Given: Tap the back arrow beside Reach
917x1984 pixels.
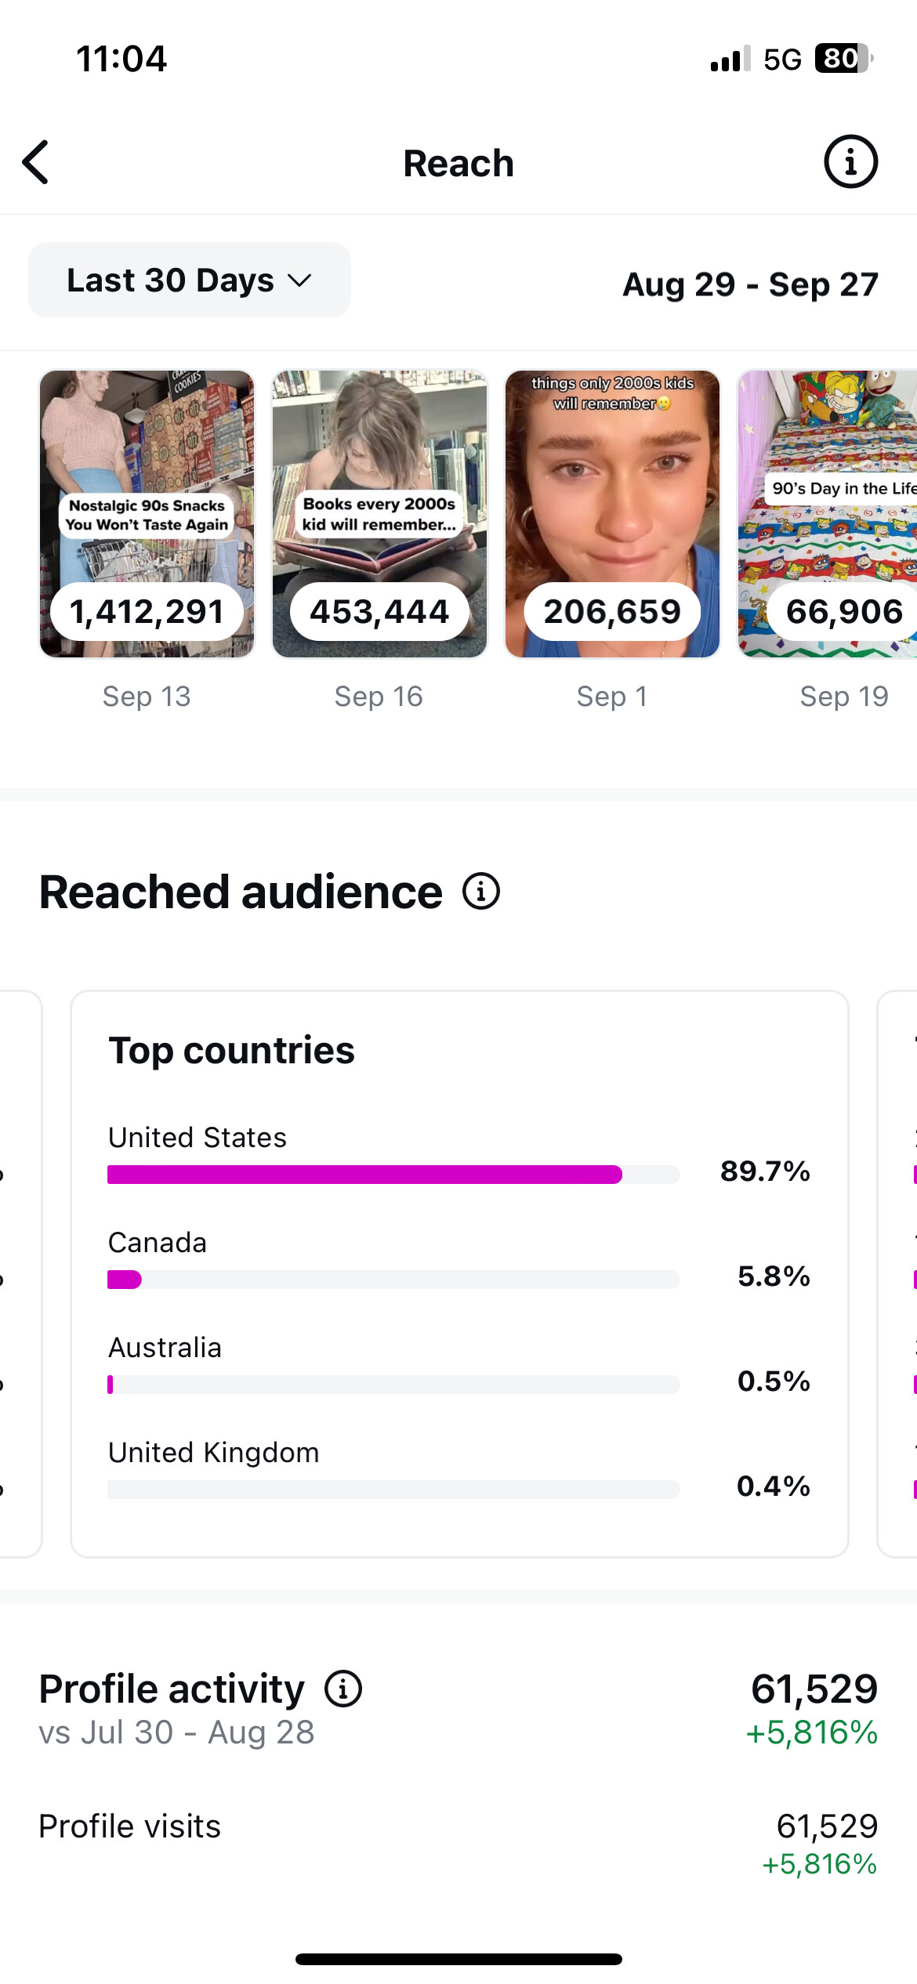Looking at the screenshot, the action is click(35, 162).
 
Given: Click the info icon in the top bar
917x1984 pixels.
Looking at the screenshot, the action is click(850, 162).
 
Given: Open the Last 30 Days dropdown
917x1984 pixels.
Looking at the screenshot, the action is click(190, 280).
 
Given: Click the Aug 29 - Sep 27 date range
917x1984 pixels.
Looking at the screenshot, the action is click(750, 284).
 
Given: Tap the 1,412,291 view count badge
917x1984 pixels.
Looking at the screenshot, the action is click(147, 611).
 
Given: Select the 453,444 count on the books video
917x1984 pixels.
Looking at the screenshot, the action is click(379, 611).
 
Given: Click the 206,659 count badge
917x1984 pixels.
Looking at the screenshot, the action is click(612, 611).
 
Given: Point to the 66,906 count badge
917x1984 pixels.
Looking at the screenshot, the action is click(843, 611).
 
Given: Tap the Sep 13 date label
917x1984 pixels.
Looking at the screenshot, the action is click(147, 696).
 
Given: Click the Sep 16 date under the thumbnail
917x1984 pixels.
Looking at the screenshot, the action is click(379, 696).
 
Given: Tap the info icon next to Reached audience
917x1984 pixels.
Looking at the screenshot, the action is click(480, 892).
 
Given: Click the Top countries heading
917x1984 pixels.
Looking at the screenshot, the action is click(231, 1051).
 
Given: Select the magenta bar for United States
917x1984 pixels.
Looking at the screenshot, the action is click(364, 1174).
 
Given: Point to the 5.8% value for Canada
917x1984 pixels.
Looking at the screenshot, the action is click(774, 1276).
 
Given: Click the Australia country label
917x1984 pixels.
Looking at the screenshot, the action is click(165, 1347).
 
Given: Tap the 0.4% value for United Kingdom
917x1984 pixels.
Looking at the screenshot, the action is click(773, 1486).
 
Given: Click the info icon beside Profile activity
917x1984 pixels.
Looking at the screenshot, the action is click(343, 1689).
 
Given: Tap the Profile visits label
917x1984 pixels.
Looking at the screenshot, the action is click(129, 1826).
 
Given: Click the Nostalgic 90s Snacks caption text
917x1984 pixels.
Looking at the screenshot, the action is click(147, 515).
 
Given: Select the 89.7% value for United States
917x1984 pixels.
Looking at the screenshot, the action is click(765, 1171).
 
